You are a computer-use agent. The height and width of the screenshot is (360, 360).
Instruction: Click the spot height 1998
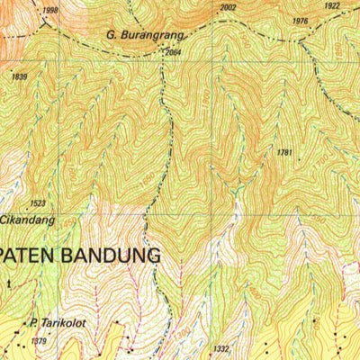(49, 10)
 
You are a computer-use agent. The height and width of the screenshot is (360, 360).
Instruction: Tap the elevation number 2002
(228, 7)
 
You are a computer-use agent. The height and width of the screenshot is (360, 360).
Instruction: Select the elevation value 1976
(301, 21)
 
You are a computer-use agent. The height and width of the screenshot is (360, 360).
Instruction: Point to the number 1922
(332, 5)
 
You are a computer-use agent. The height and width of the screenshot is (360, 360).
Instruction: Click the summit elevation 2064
(173, 53)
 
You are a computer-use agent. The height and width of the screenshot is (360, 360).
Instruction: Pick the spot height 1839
(20, 77)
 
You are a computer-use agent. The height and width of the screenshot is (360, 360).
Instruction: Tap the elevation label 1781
(284, 153)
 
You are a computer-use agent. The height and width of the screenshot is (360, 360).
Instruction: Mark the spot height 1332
(222, 348)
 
